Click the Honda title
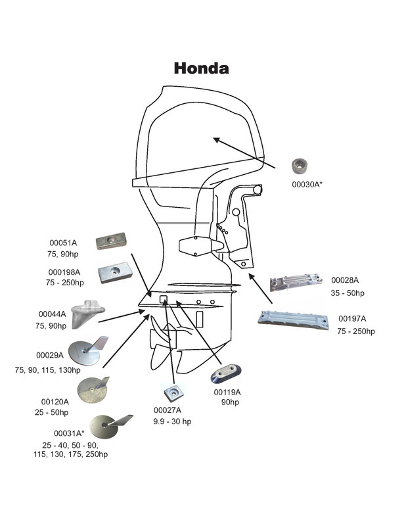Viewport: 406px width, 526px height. point(202,68)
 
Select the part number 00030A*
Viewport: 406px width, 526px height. point(307,184)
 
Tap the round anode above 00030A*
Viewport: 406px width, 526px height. point(300,166)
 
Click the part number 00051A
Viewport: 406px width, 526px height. point(63,243)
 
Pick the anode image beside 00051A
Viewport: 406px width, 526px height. point(111,241)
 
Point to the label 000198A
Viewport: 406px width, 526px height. point(64,272)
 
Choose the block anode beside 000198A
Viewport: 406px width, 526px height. point(116,272)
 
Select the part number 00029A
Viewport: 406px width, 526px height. point(50,355)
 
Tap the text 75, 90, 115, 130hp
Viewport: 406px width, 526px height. point(47,370)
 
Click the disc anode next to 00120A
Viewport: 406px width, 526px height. point(93,390)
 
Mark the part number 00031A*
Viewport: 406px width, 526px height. point(69,433)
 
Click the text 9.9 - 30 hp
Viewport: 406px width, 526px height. point(172,421)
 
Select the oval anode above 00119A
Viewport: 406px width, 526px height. point(225,373)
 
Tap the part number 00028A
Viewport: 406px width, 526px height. point(345,280)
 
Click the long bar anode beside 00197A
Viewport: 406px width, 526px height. point(294,320)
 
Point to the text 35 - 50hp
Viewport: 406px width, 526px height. point(348,293)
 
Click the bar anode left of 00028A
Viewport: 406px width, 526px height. point(296,283)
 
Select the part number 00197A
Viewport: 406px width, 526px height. point(352,318)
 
